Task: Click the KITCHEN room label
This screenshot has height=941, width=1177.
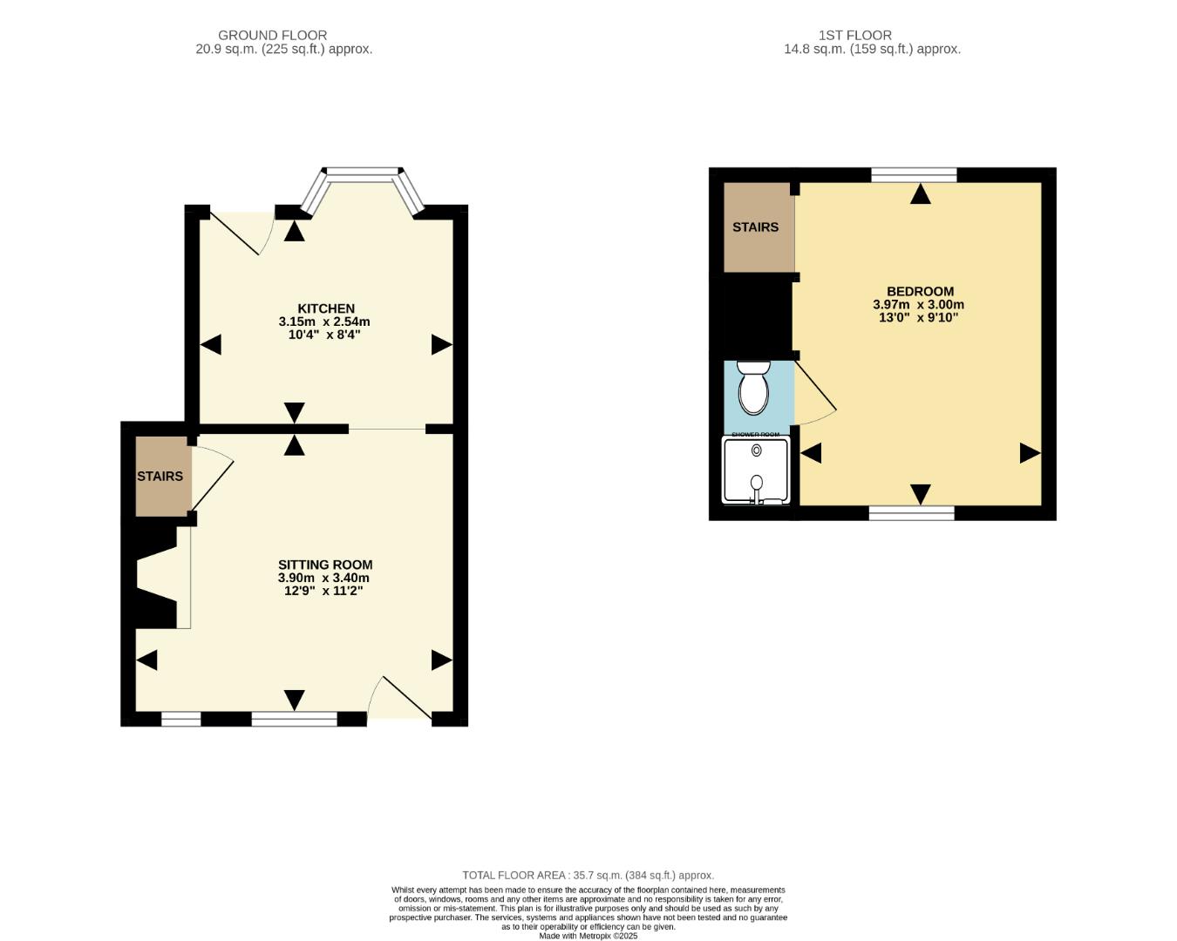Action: pyautogui.click(x=326, y=308)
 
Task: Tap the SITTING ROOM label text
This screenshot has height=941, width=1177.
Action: pyautogui.click(x=325, y=565)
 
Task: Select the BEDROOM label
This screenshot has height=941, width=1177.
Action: pyautogui.click(x=920, y=291)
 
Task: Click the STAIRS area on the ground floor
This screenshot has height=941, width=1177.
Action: pyautogui.click(x=161, y=477)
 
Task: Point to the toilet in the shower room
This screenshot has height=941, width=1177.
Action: pyautogui.click(x=753, y=388)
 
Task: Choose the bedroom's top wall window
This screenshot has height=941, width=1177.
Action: pyautogui.click(x=914, y=175)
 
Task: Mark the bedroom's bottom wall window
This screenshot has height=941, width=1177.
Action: pyautogui.click(x=911, y=513)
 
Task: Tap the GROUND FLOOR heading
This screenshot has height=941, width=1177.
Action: pyautogui.click(x=272, y=35)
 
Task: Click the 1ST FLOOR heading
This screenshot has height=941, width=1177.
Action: pyautogui.click(x=854, y=35)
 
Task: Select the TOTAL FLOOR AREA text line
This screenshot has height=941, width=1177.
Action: pyautogui.click(x=588, y=875)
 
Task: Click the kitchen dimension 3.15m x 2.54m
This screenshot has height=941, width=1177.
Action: pyautogui.click(x=324, y=322)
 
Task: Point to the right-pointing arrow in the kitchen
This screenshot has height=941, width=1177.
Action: pyautogui.click(x=441, y=345)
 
